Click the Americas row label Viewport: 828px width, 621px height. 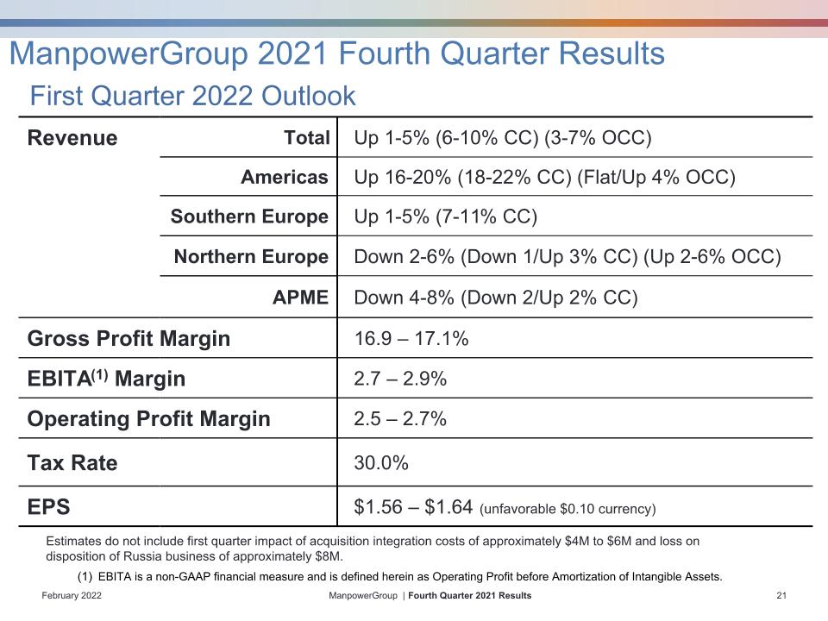285,177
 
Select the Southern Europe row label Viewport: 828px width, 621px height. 249,216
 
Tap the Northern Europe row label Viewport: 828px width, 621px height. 251,257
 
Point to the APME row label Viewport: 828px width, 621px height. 300,298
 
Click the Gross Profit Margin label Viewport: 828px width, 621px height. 129,338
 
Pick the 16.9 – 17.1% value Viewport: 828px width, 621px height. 411,338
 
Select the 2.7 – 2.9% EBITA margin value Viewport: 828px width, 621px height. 400,379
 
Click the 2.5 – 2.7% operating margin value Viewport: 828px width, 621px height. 400,419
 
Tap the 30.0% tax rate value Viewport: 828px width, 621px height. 381,463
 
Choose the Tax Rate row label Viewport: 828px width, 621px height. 72,462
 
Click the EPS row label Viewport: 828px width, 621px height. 48,507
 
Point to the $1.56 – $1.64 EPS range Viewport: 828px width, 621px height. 413,507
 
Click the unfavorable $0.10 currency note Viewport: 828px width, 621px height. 568,509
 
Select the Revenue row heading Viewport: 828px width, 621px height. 72,138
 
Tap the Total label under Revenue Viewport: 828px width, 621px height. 307,138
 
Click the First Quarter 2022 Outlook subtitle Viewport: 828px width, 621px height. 192,96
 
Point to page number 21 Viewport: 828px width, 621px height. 781,596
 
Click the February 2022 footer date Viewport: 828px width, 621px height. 72,596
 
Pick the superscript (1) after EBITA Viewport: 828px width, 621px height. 100,374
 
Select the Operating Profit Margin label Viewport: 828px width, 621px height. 149,419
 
